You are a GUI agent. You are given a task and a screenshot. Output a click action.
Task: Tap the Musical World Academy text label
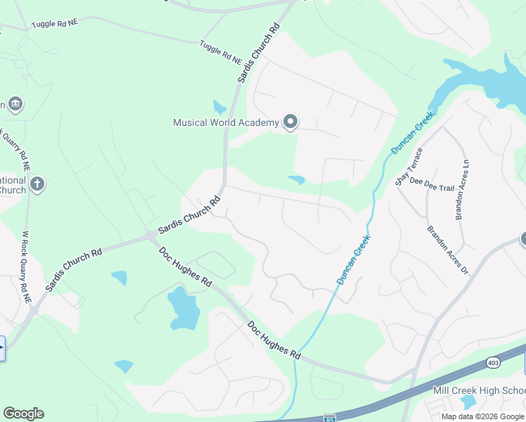coord(226,122)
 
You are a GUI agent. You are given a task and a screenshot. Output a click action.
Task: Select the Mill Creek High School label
coord(479,390)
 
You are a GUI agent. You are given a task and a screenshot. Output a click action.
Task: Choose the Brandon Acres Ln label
coord(462,189)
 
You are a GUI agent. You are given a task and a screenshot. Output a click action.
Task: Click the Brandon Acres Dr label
coord(447,250)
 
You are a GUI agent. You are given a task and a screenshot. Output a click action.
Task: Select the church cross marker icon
coord(37,184)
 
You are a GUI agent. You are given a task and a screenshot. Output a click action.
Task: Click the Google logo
coord(23,414)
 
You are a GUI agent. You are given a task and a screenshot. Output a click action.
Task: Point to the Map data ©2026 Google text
coord(483,416)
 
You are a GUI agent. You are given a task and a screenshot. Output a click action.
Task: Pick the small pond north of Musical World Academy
coord(219,107)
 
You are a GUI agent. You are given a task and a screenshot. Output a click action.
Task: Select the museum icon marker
coord(15,105)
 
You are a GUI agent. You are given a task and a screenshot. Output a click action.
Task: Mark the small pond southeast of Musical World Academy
coord(296,180)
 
